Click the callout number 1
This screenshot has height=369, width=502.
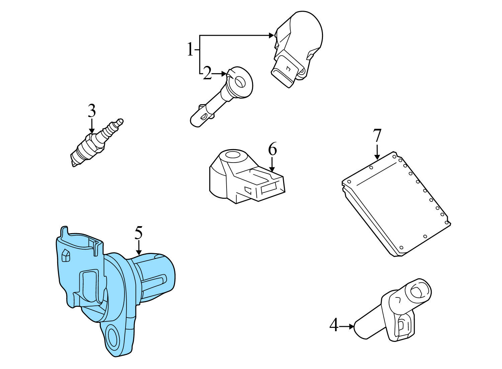pos(190,50)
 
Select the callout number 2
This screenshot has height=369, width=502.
pos(207,73)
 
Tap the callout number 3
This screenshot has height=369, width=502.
pos(92,111)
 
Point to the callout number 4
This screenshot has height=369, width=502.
pos(334,325)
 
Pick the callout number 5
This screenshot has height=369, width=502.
pos(139,233)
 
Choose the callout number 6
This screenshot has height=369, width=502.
pos(272,149)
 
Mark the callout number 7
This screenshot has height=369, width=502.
pos(377,135)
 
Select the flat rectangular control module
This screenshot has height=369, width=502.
pos(397,204)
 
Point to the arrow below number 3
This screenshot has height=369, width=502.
pos(92,127)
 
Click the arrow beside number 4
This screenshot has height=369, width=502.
pos(347,326)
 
